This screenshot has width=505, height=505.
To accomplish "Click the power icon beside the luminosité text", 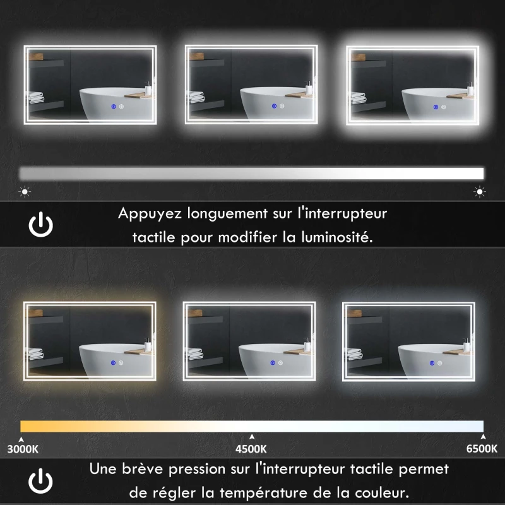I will click(x=41, y=225).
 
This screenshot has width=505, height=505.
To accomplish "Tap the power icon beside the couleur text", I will click(x=41, y=482).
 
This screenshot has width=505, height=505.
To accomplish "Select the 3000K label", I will click(x=23, y=449).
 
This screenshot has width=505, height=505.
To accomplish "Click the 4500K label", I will click(x=251, y=449).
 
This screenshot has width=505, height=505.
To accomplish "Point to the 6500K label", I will click(x=482, y=449).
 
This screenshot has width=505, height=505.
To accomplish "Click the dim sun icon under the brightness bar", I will click(x=25, y=190).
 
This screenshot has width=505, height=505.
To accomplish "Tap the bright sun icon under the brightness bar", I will click(x=480, y=191).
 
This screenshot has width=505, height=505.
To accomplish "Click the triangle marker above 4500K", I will click(x=252, y=436).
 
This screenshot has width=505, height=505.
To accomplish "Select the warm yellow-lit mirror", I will click(x=89, y=340).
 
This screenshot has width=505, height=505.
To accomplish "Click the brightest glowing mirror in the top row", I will click(x=413, y=84).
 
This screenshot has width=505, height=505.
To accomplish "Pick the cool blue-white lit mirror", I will click(x=408, y=340).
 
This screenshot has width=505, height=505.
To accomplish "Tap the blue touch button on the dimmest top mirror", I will click(x=112, y=106).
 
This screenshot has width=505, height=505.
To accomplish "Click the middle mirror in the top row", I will click(x=251, y=84).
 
